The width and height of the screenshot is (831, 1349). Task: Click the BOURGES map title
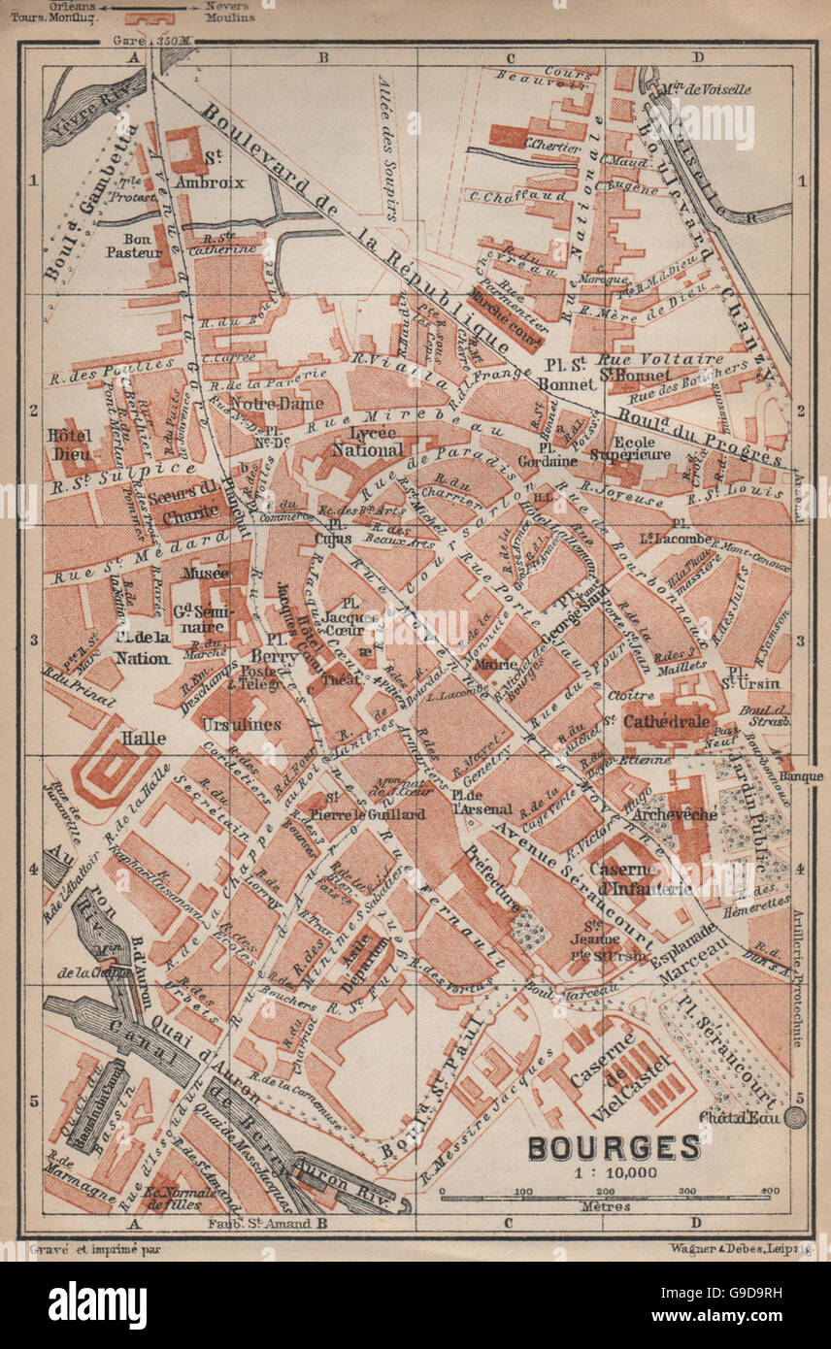point(614,1146)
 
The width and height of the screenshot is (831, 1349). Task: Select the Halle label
point(143,738)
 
